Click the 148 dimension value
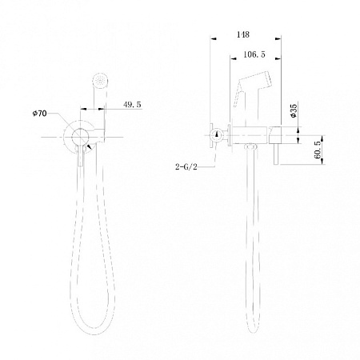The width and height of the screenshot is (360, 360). point(244,34)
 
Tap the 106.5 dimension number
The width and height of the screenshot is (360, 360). point(254,54)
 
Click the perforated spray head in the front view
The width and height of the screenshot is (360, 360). point(98,80)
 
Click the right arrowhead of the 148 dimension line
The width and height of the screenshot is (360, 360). point(279,39)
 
